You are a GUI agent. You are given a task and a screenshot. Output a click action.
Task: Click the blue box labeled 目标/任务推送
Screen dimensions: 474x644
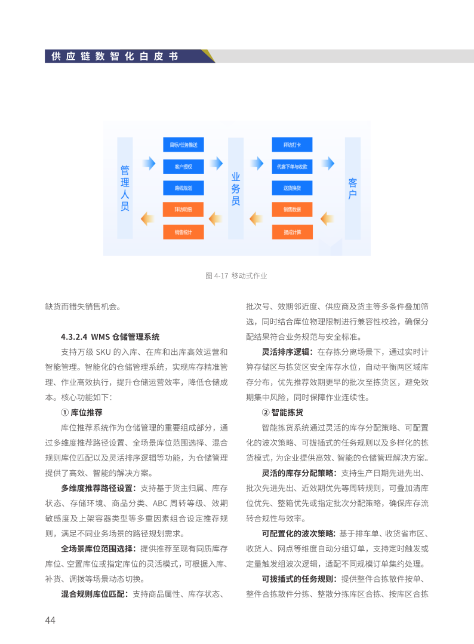183,145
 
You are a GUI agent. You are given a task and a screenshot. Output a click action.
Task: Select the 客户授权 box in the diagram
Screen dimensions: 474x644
183,166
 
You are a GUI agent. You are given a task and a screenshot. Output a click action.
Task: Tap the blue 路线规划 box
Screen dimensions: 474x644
183,188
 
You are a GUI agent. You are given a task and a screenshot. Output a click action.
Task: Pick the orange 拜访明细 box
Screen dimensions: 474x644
183,210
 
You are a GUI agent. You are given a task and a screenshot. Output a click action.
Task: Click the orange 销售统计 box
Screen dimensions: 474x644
183,231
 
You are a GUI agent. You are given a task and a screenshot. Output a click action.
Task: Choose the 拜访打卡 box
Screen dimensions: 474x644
292,145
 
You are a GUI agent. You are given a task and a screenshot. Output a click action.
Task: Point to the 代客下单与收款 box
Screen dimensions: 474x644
292,166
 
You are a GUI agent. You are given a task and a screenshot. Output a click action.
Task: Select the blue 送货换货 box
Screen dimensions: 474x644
292,188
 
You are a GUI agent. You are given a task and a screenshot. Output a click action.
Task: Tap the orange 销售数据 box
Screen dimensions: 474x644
292,210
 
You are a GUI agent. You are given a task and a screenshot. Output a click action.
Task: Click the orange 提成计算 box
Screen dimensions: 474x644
292,231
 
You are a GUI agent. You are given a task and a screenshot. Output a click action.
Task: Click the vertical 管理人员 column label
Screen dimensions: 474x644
125,188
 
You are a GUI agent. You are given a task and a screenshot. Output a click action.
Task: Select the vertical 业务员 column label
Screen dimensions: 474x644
236,188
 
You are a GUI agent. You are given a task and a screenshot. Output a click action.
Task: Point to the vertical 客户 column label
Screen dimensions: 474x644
353,188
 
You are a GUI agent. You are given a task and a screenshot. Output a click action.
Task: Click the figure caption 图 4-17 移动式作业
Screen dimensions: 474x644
236,275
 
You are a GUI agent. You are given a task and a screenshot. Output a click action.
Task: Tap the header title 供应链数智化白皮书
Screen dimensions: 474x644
115,56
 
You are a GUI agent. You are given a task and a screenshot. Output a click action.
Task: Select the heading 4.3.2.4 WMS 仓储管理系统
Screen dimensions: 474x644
110,337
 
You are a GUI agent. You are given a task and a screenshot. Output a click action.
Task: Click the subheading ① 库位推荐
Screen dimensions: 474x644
82,412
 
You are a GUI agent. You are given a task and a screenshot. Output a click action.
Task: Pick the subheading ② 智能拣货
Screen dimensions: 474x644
283,412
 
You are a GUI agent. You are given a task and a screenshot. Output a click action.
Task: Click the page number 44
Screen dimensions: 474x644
50,620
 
